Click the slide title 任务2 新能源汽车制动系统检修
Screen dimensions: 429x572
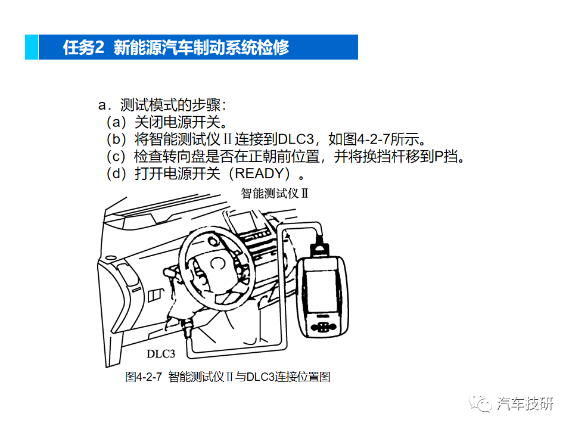click(176, 48)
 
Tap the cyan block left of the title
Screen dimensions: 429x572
click(32, 47)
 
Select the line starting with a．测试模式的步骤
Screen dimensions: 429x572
click(162, 105)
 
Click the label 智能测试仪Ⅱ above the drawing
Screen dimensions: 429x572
click(273, 194)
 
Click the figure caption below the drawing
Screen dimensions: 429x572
click(228, 377)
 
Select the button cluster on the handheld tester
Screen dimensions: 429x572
click(322, 327)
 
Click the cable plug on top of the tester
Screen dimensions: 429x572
click(321, 246)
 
